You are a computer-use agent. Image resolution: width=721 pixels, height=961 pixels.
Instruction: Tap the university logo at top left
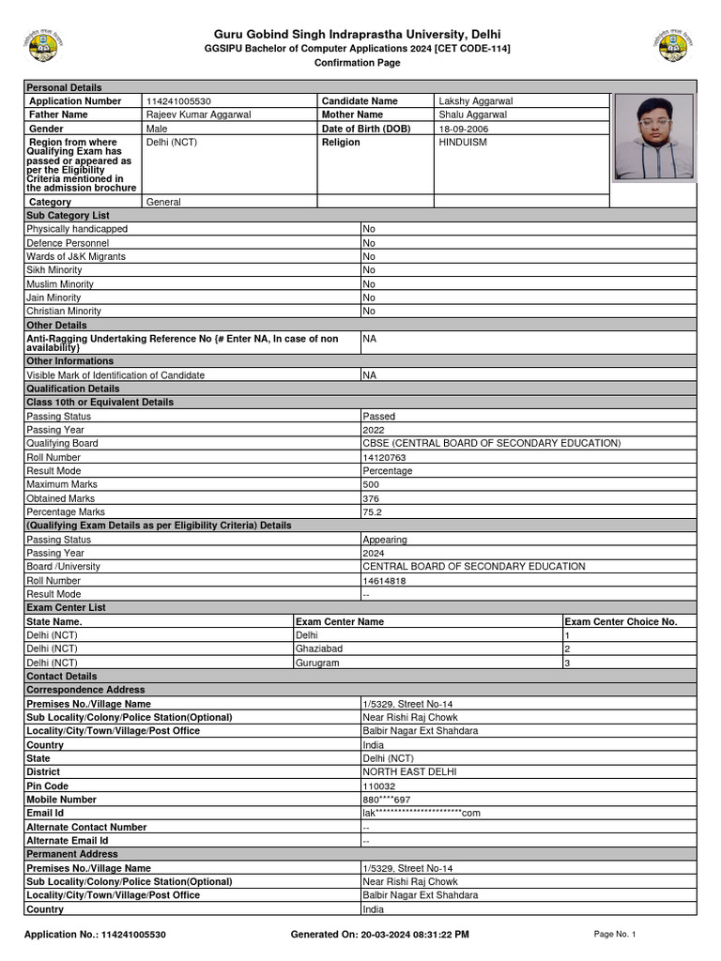[x=39, y=45]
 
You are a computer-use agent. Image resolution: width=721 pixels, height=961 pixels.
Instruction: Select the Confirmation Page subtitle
[x=357, y=63]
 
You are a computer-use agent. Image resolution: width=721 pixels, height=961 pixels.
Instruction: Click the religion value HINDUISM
[x=463, y=143]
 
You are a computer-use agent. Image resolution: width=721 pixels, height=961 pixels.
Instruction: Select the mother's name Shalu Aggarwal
[x=473, y=114]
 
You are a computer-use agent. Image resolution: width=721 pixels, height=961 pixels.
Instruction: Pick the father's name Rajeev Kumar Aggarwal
[x=199, y=114]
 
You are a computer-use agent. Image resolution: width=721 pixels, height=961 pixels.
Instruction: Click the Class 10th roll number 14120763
[x=384, y=457]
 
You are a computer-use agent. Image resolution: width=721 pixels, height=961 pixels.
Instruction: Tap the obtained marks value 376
[x=372, y=498]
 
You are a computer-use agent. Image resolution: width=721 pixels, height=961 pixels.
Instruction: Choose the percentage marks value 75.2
[x=373, y=512]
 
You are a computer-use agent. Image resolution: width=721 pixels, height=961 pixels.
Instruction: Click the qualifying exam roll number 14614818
[x=384, y=581]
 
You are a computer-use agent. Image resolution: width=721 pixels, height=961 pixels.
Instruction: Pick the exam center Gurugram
[x=317, y=663]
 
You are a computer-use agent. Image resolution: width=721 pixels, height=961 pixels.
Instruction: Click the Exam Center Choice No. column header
[x=621, y=621]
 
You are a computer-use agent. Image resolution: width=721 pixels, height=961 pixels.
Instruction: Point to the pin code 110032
[x=380, y=786]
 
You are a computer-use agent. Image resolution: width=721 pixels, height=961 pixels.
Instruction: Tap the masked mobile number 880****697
[x=387, y=800]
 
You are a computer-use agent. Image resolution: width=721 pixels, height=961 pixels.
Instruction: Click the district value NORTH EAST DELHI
[x=409, y=771]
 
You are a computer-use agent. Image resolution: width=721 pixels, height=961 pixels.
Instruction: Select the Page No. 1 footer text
[x=615, y=934]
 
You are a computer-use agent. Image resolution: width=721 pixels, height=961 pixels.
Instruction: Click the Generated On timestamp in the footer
[x=380, y=935]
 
